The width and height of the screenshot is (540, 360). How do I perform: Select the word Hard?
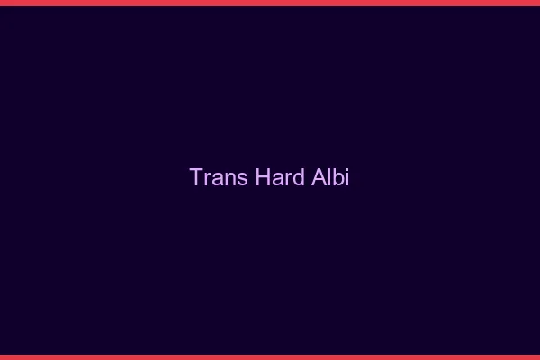click(x=280, y=177)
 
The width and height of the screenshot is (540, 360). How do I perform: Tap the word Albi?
click(x=330, y=177)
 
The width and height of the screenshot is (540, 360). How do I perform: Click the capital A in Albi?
click(x=319, y=177)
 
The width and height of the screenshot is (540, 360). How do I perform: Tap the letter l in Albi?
click(x=329, y=177)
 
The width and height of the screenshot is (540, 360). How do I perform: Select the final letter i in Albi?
click(x=346, y=178)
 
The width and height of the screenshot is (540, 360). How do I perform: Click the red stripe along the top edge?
click(x=270, y=3)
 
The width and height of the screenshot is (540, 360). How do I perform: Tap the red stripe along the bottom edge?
click(x=270, y=356)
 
